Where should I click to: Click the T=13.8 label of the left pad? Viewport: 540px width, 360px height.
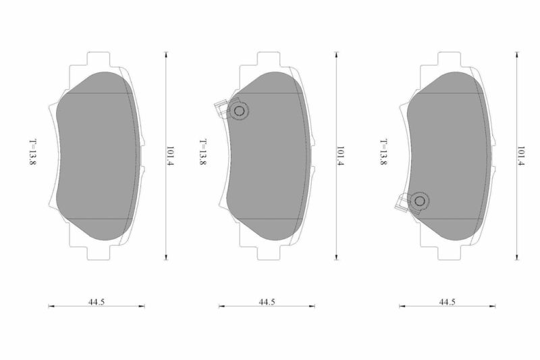click(x=32, y=152)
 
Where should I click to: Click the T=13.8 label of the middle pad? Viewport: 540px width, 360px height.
click(x=203, y=152)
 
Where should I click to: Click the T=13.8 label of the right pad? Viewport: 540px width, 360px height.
click(x=383, y=152)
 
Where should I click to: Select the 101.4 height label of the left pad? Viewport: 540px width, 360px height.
click(x=170, y=156)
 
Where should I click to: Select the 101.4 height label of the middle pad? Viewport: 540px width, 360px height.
click(x=340, y=156)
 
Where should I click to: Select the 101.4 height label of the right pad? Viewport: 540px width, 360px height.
click(x=520, y=156)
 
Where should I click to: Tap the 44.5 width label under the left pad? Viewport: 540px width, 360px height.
click(x=97, y=302)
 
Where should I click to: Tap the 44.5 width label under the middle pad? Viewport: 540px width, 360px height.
click(x=267, y=302)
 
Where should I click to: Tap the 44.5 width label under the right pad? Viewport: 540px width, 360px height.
click(x=447, y=302)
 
